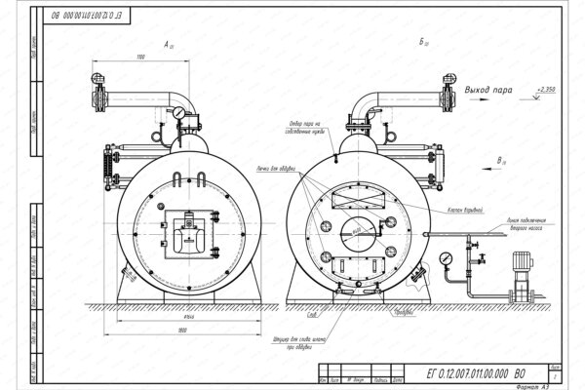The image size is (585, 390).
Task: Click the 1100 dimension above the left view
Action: (x=142, y=58)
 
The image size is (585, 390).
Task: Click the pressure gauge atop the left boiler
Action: (x=181, y=114)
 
